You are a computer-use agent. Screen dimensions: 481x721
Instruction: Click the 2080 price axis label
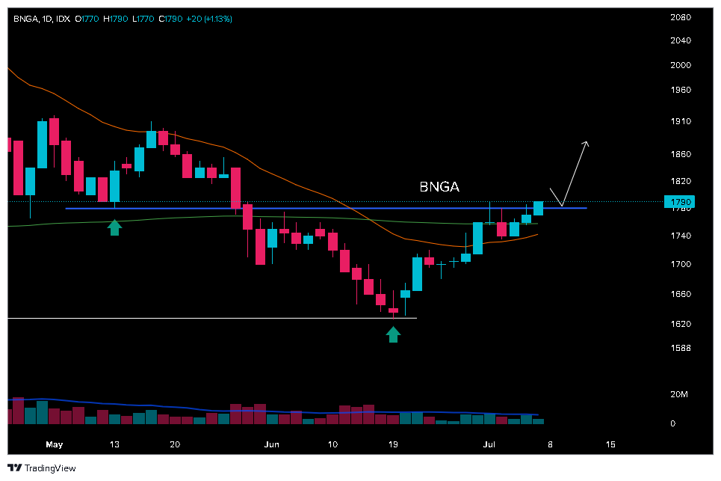(679, 17)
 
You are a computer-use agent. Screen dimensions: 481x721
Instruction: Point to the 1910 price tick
(679, 120)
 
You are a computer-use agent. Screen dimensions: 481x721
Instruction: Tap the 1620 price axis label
(679, 324)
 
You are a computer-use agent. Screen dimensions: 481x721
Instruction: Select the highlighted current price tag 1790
(679, 202)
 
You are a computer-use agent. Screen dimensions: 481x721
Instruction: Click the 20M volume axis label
(678, 394)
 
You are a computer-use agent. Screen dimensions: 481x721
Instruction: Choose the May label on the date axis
(54, 444)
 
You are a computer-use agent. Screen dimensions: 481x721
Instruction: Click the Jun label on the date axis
(272, 444)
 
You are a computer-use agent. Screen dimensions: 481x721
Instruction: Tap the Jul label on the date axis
(489, 444)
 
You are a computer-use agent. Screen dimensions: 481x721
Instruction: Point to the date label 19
(393, 444)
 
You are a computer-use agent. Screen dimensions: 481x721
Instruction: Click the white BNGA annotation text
(439, 186)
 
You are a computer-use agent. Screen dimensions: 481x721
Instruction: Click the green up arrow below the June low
(393, 334)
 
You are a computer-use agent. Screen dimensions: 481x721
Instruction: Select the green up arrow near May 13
(114, 227)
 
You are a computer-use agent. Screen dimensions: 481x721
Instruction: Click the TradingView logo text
(42, 468)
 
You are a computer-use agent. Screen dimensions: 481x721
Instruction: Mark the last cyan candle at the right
(538, 209)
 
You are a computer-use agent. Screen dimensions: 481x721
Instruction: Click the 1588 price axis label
(679, 348)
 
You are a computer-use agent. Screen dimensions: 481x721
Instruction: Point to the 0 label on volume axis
(672, 423)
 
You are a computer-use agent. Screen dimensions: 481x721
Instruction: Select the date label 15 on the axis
(610, 444)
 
